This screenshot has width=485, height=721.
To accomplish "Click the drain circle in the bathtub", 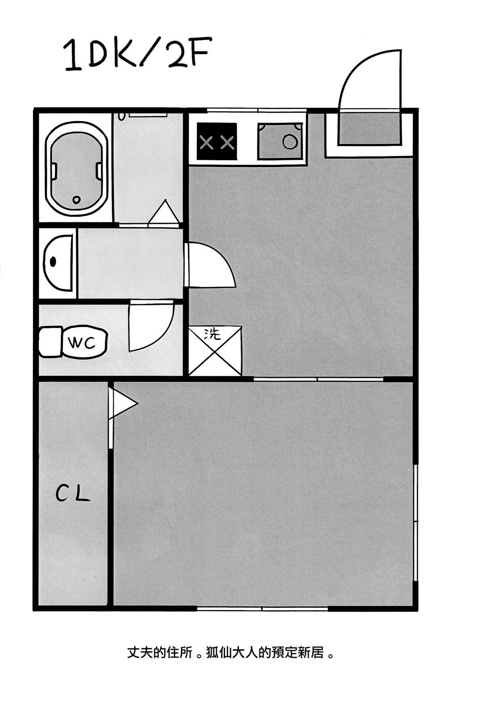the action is [76, 199].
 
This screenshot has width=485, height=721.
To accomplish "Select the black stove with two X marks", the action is [217, 142].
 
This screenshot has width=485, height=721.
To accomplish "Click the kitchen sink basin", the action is [280, 141].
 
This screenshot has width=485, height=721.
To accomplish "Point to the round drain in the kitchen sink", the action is [290, 142].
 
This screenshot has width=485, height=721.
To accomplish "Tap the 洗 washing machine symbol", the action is [215, 351].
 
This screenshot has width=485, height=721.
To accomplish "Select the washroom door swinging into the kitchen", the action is [210, 265].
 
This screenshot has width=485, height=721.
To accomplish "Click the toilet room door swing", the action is [151, 327].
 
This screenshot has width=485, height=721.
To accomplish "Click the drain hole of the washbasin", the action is [53, 261].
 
